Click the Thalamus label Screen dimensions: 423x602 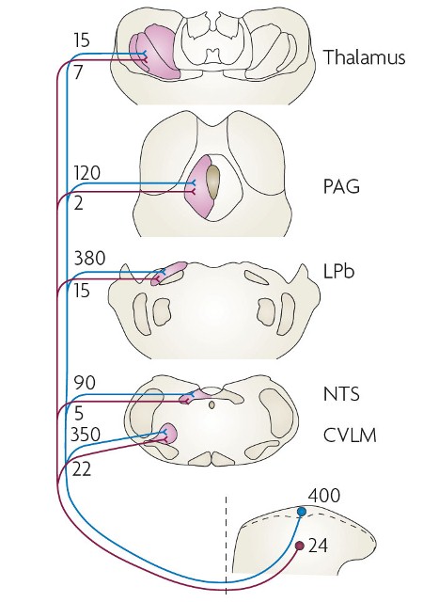[x=365, y=57]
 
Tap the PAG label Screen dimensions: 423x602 [x=341, y=186]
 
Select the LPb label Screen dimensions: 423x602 [x=338, y=271]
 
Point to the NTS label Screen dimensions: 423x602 [x=341, y=394]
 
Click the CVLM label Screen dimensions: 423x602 [x=350, y=436]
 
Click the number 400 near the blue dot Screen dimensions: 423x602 [x=324, y=496]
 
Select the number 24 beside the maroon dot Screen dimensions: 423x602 [x=319, y=546]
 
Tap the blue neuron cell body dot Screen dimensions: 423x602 [x=302, y=512]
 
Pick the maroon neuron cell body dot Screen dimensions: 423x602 [x=300, y=546]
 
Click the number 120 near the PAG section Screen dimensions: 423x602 [x=87, y=173]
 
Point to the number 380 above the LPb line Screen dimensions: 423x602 [x=89, y=258]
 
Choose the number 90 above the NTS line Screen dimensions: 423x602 [x=85, y=383]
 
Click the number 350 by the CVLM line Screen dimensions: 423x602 [x=86, y=435]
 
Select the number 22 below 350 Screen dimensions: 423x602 [x=82, y=468]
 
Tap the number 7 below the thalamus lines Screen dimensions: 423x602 [x=78, y=71]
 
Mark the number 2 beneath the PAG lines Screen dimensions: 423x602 [x=78, y=203]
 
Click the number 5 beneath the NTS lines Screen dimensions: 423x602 [x=79, y=414]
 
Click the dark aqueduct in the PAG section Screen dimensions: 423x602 [x=212, y=182]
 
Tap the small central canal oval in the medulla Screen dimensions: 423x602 [x=211, y=404]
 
